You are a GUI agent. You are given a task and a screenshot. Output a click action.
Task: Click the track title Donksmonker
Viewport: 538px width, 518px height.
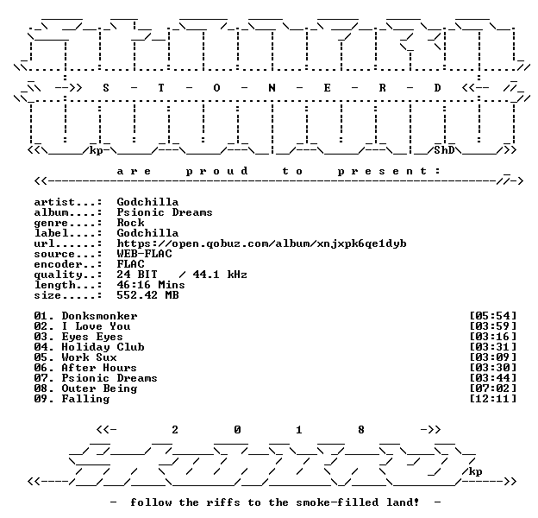click(99, 316)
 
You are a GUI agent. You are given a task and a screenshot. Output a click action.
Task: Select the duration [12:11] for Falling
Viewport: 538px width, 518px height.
click(492, 399)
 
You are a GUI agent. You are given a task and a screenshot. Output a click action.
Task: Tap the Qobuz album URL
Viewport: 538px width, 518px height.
click(261, 243)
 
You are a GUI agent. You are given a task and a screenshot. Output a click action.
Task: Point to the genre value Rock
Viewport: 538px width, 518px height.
click(130, 223)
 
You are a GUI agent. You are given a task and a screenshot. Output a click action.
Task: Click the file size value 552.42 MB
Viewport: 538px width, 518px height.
click(147, 295)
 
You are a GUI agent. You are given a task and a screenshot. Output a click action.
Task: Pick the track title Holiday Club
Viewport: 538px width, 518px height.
click(103, 347)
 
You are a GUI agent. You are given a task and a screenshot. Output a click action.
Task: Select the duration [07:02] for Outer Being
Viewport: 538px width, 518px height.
click(492, 388)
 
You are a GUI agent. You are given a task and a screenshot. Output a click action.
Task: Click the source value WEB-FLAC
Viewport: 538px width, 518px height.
click(144, 254)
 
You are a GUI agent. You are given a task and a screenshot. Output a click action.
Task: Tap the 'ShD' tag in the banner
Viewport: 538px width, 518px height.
click(444, 150)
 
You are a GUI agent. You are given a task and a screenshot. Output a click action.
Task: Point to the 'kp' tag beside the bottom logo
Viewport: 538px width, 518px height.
click(475, 471)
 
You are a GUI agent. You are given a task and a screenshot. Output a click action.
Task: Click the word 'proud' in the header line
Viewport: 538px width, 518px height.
click(217, 171)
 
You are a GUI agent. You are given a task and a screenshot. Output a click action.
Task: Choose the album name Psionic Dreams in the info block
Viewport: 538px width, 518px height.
click(165, 212)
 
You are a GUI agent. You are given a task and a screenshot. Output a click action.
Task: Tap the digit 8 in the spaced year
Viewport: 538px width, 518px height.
click(361, 430)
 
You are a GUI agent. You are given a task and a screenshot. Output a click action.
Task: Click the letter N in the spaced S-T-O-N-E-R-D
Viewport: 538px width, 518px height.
click(272, 88)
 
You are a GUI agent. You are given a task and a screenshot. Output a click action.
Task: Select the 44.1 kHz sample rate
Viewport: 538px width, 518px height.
click(220, 275)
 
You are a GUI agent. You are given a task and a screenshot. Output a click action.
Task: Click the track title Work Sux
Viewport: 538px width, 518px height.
click(89, 357)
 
